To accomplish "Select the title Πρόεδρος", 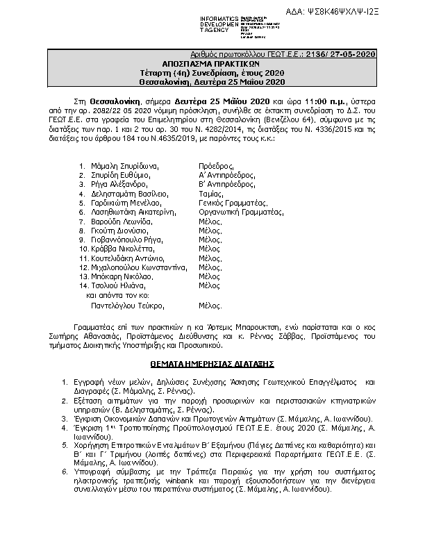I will (x=215, y=167).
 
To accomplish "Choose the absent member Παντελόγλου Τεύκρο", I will (x=130, y=304).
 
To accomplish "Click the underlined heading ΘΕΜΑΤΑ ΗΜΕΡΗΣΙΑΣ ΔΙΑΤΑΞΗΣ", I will (x=212, y=363).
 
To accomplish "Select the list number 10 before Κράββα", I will (x=83, y=248).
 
